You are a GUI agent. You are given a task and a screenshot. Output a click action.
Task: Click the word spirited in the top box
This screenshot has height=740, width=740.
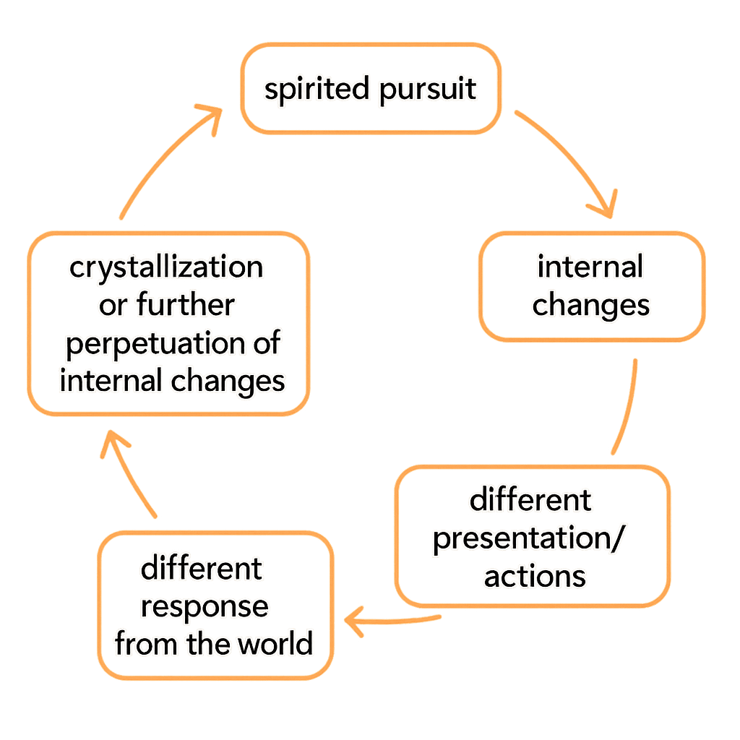316,91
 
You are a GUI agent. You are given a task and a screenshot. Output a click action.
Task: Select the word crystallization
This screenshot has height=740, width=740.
166,268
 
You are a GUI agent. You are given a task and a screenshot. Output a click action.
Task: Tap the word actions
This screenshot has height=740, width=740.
535,577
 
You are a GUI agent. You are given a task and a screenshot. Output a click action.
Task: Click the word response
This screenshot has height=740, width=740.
205,606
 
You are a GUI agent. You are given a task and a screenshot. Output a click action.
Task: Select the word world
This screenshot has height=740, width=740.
277,644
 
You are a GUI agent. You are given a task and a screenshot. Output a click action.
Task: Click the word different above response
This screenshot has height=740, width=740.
202,569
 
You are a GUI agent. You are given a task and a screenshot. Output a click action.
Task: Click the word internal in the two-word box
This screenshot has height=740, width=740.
590,268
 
